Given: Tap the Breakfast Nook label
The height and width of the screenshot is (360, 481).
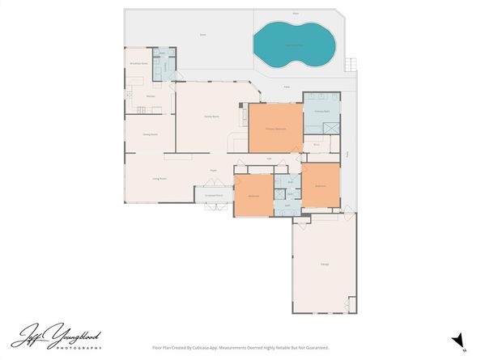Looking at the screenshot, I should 138,63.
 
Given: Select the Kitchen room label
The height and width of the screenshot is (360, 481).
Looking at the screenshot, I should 151,96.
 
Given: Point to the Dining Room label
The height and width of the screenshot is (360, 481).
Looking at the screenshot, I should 150,134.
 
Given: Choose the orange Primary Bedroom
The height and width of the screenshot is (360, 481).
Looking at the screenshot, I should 275,129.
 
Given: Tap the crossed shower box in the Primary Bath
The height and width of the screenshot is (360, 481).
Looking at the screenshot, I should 330,129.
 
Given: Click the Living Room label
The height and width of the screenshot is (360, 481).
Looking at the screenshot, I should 160,178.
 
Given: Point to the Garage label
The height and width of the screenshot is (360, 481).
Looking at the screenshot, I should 324,265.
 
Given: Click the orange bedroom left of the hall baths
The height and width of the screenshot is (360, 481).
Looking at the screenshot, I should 253,196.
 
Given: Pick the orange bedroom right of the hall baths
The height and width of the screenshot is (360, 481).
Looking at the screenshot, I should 320,185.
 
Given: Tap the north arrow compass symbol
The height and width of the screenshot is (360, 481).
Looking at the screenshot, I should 458,337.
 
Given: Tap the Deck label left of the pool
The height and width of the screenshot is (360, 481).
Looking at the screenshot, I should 202,35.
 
